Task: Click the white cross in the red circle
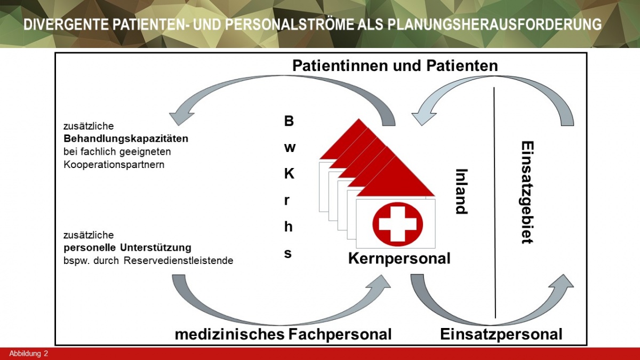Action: [397, 224]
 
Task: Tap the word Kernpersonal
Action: [399, 259]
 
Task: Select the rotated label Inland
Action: [461, 191]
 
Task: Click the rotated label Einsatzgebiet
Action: [527, 192]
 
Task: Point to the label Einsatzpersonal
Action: [501, 334]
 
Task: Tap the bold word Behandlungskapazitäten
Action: [125, 139]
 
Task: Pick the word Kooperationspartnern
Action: [114, 164]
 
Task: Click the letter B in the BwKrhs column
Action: [288, 121]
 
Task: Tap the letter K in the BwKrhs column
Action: [288, 174]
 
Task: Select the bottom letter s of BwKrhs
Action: [288, 253]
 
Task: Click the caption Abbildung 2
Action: [28, 354]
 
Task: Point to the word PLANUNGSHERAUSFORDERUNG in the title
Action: [487, 25]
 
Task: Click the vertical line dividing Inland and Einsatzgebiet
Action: [495, 203]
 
